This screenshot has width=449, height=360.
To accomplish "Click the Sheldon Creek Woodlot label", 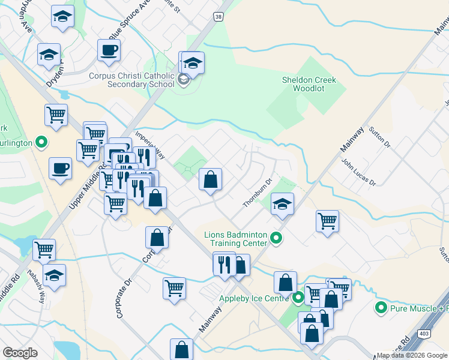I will [309, 84].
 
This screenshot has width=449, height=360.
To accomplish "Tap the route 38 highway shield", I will [217, 18].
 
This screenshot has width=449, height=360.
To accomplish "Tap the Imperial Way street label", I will [150, 144].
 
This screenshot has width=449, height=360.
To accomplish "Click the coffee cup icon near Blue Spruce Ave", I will [109, 50].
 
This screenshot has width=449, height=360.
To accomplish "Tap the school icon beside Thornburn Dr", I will [282, 204].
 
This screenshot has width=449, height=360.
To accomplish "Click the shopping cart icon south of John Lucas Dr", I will [327, 221].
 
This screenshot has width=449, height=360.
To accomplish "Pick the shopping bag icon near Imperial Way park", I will [210, 179].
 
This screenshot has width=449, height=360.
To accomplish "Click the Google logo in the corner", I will [20, 353].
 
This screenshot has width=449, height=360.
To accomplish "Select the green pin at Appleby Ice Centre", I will [298, 297].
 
